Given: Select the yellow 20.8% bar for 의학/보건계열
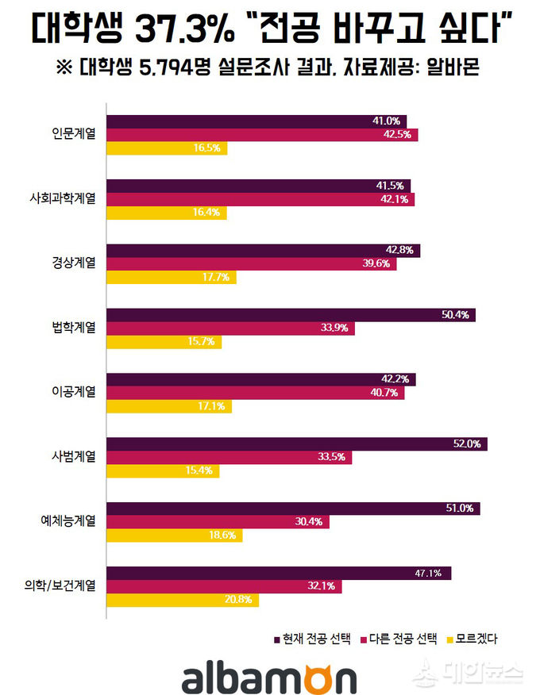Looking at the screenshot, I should point(183,601).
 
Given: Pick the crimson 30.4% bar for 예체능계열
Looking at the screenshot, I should point(218,522).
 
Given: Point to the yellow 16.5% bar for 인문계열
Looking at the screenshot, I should point(167,148).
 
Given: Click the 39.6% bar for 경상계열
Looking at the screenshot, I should point(251,264).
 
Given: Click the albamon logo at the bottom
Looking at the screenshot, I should point(269,675).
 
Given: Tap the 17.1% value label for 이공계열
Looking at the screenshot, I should point(212,406).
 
